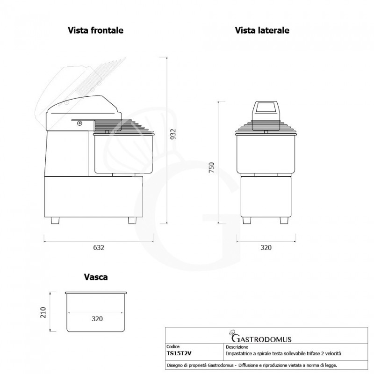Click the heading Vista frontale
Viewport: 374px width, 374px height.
(95, 30)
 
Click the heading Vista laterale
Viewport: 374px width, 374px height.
(262, 30)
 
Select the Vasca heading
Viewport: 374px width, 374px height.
(95, 277)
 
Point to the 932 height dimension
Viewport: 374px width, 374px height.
(173, 135)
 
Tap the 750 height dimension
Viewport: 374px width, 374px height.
(211, 167)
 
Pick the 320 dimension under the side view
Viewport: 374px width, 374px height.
(266, 247)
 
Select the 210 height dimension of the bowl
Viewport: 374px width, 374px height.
(43, 312)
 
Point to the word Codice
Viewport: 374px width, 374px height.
(173, 348)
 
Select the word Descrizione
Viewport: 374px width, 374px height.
(237, 348)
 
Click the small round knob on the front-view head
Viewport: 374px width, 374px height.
(79, 123)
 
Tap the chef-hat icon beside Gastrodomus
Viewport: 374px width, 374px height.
(232, 335)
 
